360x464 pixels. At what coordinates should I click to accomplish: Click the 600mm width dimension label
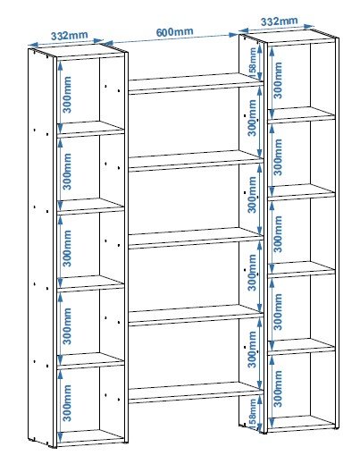[174, 31]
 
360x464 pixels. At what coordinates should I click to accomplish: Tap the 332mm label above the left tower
[70, 36]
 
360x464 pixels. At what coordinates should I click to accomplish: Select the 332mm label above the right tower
[279, 21]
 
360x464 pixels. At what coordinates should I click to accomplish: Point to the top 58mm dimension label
[253, 63]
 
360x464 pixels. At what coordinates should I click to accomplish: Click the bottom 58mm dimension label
[252, 413]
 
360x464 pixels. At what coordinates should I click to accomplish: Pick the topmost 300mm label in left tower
[68, 95]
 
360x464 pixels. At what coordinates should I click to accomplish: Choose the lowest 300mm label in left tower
[68, 403]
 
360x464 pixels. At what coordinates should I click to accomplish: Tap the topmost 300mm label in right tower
[278, 80]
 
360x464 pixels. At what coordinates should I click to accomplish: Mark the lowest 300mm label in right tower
[278, 389]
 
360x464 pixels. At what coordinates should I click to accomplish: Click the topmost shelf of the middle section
[196, 82]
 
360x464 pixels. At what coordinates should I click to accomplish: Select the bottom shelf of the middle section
[196, 392]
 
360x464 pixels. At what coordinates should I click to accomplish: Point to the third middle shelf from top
[196, 237]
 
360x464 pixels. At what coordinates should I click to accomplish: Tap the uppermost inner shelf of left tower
[90, 129]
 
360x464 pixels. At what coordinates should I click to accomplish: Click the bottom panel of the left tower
[90, 438]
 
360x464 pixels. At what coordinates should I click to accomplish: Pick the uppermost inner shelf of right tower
[301, 114]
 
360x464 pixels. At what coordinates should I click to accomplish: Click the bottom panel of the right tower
[301, 424]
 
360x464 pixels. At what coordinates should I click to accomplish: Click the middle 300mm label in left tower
[68, 249]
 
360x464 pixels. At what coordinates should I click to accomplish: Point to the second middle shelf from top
[196, 160]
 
